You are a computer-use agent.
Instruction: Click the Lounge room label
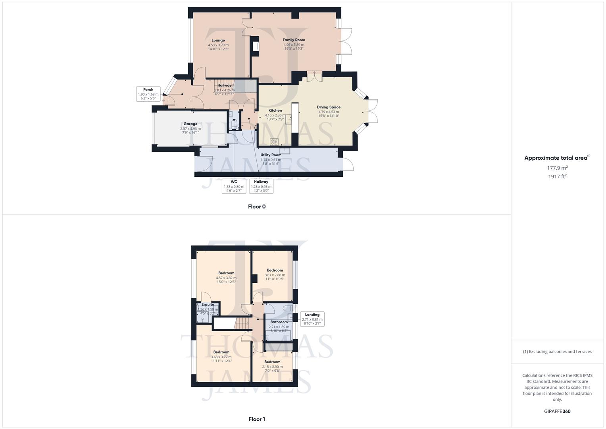point(218,40)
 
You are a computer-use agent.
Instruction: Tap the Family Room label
point(294,40)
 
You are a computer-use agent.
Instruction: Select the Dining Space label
point(329,107)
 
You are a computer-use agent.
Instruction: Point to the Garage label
point(190,124)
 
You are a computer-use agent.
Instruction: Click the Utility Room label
point(271,155)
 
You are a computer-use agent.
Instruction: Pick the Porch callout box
point(148,94)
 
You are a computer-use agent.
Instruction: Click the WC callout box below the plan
point(234,186)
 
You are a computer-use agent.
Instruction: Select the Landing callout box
point(312,319)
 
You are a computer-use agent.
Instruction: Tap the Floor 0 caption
point(257,207)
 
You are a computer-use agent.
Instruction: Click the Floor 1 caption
point(257,419)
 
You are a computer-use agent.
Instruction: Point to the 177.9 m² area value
point(557,168)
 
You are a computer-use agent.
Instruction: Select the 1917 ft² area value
point(557,177)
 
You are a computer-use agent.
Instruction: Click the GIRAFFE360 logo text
point(557,412)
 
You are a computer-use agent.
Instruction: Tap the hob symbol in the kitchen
point(274,142)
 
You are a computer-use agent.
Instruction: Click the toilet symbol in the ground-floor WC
point(234,124)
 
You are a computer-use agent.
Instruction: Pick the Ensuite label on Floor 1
point(208,305)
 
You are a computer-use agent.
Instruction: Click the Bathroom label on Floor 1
point(279,322)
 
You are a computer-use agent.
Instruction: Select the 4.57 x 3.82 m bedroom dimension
point(226,278)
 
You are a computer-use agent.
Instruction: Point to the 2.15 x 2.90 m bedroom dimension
point(272,367)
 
